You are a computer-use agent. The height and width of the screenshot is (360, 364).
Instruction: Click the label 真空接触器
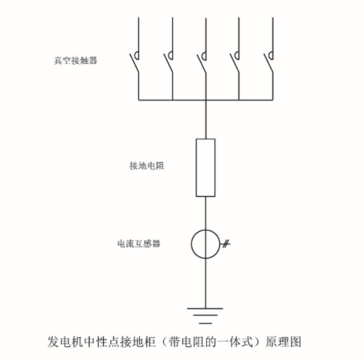[76, 60]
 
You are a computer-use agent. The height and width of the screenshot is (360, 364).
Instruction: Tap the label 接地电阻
[146, 166]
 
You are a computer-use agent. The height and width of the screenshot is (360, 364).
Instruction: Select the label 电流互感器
[139, 244]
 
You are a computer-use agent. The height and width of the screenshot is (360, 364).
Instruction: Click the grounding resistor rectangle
[206, 138]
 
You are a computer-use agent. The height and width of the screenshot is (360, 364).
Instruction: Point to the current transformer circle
[191, 244]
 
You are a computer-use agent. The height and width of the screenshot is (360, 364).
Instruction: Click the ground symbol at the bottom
[205, 316]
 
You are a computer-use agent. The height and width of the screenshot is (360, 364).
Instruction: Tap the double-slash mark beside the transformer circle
[226, 244]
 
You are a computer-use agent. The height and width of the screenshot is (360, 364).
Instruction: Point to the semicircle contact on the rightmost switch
[269, 55]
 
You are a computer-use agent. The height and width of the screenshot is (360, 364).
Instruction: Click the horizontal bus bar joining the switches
[206, 100]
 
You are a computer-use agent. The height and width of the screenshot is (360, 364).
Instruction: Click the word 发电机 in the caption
[65, 342]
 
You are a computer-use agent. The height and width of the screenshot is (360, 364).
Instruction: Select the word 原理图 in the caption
[283, 342]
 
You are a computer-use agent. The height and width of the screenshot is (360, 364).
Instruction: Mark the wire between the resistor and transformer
[205, 213]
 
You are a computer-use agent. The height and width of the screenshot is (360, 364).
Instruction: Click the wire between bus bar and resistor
[206, 119]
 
